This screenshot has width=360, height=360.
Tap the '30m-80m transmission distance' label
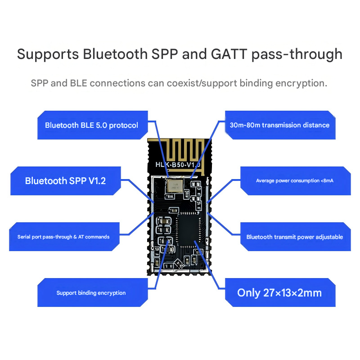279,125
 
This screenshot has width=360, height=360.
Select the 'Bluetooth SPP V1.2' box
65,181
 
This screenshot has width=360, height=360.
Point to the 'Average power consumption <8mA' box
295,180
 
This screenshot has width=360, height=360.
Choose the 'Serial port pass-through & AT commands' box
63,237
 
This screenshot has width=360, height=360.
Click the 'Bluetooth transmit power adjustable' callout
295,237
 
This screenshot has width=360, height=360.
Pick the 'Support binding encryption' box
91,293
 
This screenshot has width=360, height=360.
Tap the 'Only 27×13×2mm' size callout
279,293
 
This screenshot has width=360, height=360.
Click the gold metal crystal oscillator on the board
175,185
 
